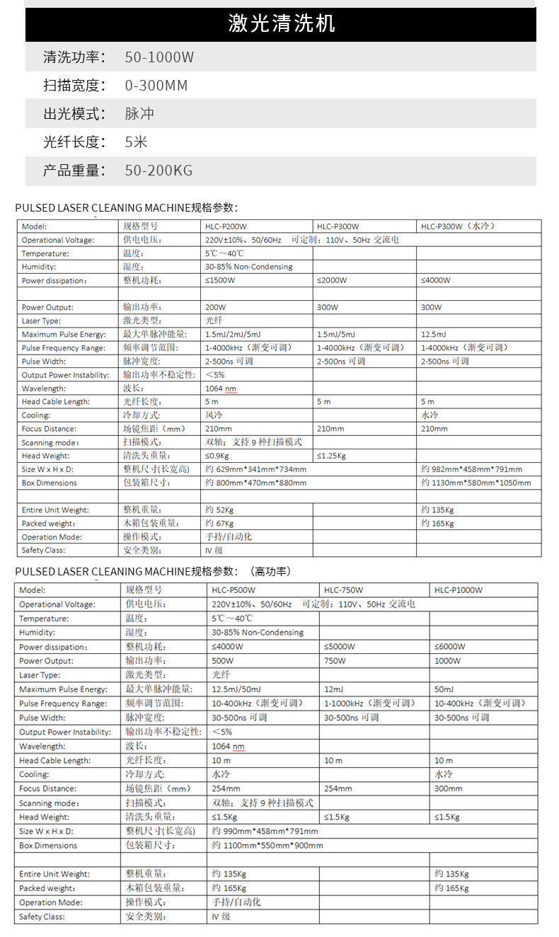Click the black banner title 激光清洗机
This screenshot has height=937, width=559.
coord(281,24)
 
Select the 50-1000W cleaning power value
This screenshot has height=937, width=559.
coord(159,57)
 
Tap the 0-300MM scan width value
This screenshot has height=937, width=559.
coord(156,86)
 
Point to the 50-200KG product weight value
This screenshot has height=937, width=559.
coord(159,171)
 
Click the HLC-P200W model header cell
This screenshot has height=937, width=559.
coord(226,226)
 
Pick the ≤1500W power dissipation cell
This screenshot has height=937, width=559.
coord(221,280)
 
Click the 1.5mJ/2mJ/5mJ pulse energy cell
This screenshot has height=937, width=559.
coord(233,334)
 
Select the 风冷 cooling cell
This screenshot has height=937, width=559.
coord(214,415)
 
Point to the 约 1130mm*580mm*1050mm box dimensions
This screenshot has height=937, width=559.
coord(476,483)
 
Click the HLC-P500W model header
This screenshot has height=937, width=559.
coord(234,590)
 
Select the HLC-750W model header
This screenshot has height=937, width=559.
coord(343,590)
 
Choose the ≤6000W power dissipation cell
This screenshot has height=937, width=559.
coord(449,647)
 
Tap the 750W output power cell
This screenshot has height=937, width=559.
coord(335,661)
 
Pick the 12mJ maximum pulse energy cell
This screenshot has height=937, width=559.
coord(333,689)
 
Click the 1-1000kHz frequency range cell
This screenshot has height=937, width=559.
coord(369,703)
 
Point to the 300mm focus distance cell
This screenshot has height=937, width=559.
coord(448,788)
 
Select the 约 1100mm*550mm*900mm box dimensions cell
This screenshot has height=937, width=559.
coord(267,846)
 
